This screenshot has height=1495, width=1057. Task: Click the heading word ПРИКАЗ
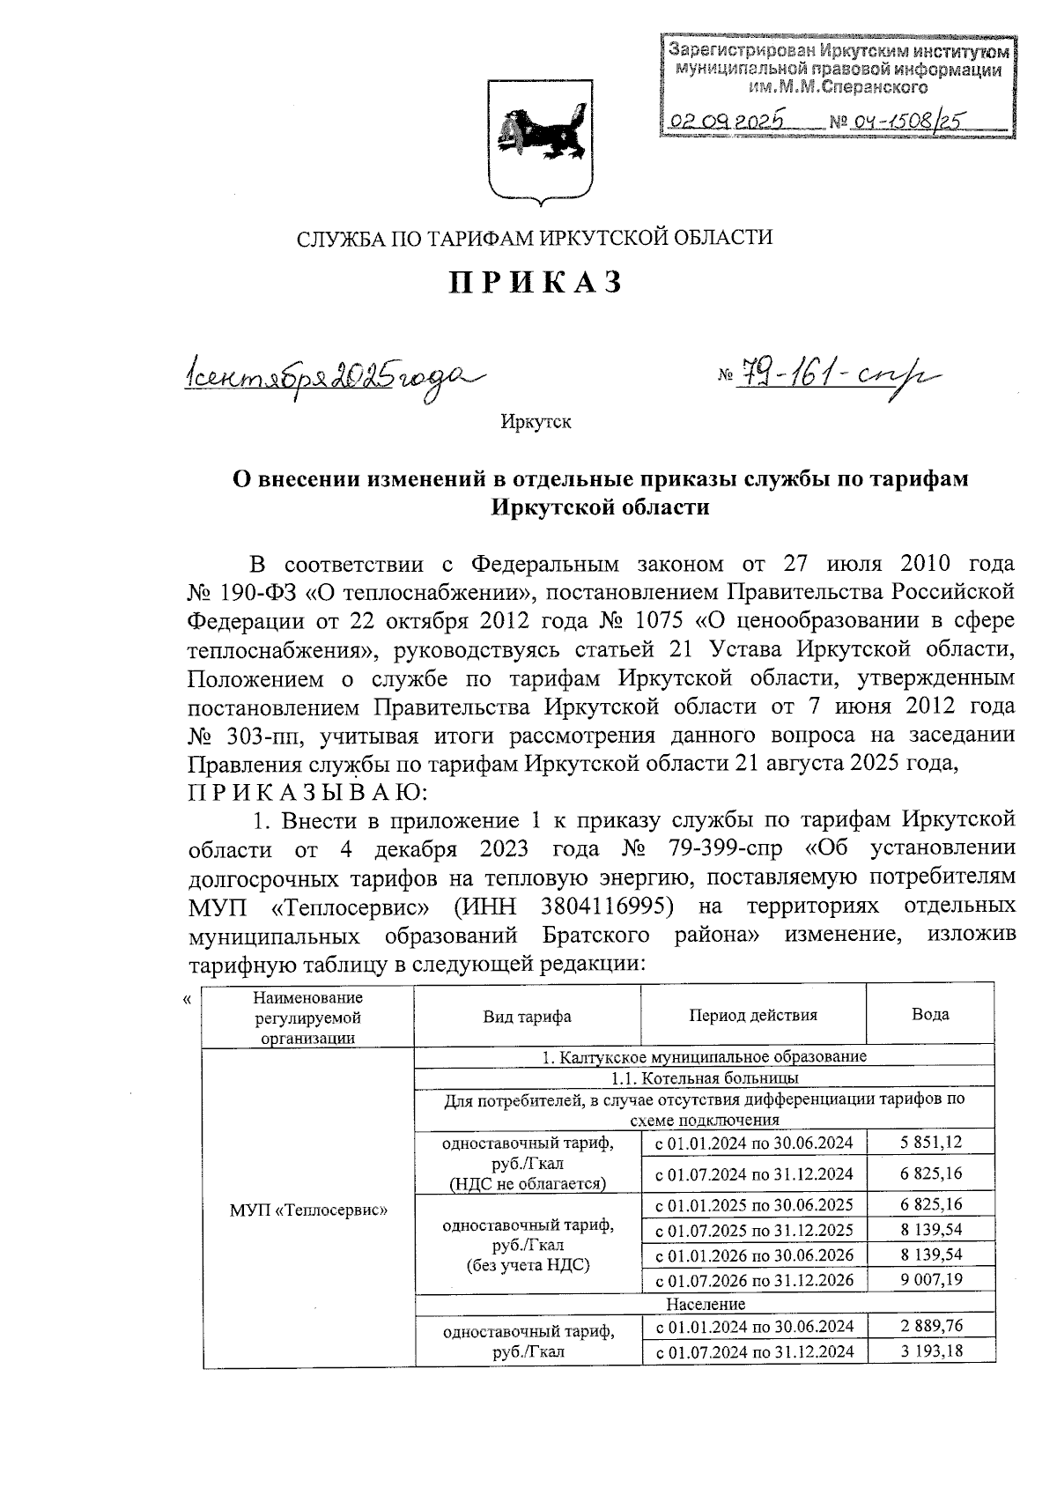point(536,282)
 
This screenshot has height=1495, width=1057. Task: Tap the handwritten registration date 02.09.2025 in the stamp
point(728,122)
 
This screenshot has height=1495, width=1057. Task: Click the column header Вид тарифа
point(527,1016)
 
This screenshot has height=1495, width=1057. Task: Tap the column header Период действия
point(753,1015)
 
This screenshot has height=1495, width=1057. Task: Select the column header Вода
point(929,1014)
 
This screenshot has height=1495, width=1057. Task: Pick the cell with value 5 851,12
point(931,1143)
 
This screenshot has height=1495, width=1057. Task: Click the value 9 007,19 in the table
point(931,1279)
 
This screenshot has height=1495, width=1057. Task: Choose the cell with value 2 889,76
point(931,1325)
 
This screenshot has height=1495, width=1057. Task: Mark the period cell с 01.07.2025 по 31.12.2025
point(753,1229)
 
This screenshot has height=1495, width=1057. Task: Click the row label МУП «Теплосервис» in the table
point(309,1210)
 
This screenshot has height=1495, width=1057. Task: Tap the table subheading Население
point(705,1303)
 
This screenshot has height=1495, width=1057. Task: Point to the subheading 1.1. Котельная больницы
point(705,1077)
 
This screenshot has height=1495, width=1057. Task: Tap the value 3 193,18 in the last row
point(931,1351)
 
